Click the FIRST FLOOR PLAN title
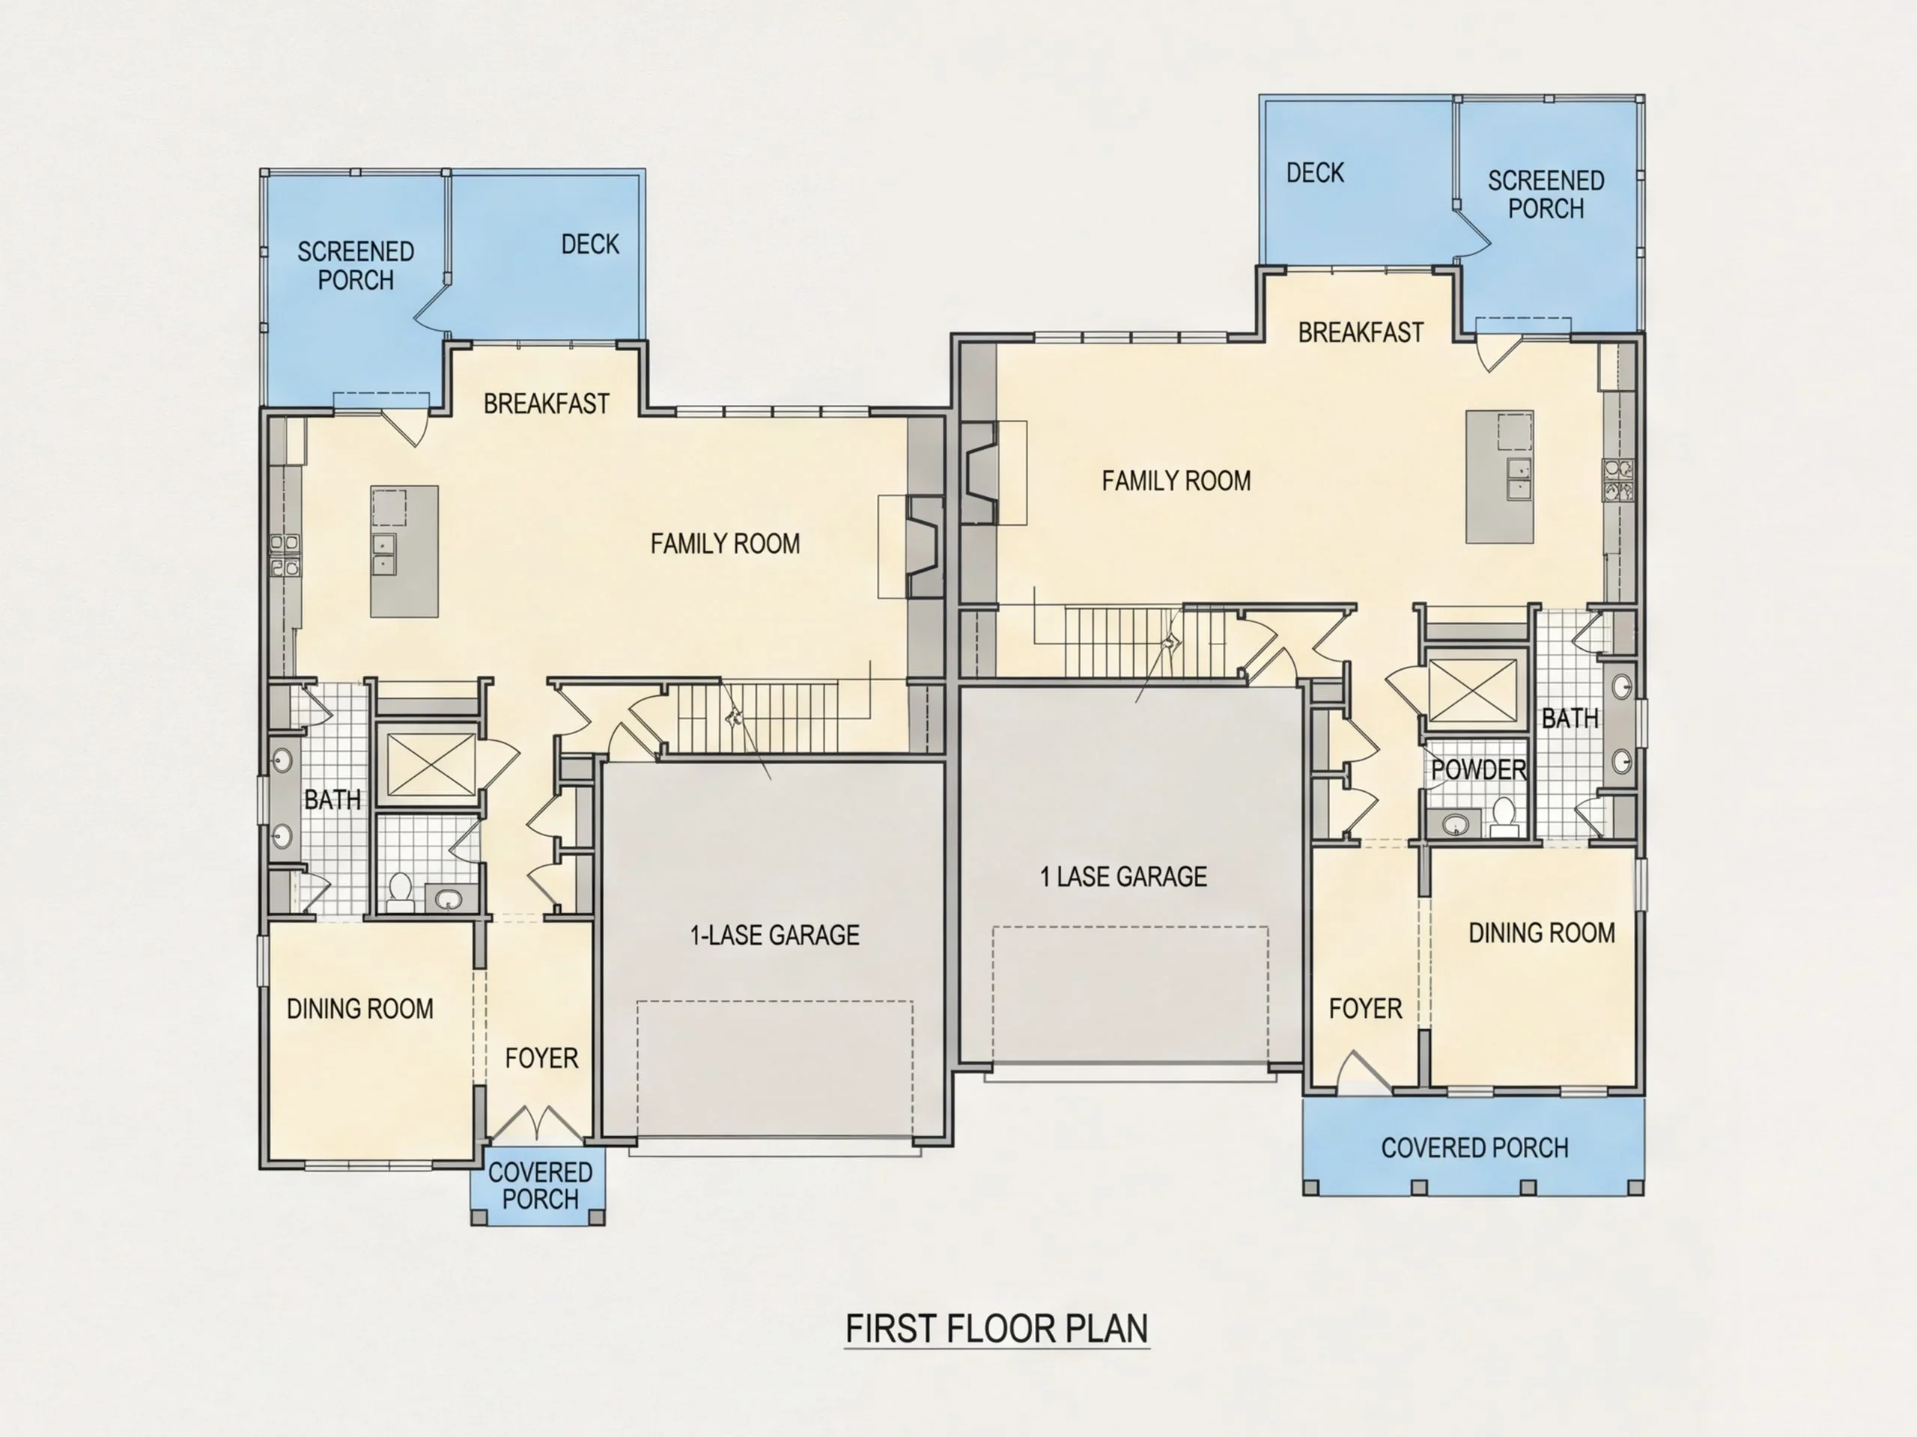pyautogui.click(x=997, y=1328)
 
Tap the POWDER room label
pyautogui.click(x=1478, y=769)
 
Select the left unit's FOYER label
pyautogui.click(x=541, y=1058)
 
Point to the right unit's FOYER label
pyautogui.click(x=1365, y=1008)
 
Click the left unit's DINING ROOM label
pyautogui.click(x=359, y=1008)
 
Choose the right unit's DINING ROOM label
pyautogui.click(x=1542, y=932)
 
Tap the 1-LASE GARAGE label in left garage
pyautogui.click(x=775, y=935)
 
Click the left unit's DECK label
pyautogui.click(x=590, y=244)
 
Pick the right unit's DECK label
pyautogui.click(x=1315, y=172)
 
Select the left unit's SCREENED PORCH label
pyautogui.click(x=356, y=265)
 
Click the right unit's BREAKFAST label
pyautogui.click(x=1361, y=332)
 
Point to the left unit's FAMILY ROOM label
pyautogui.click(x=726, y=543)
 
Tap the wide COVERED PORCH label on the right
pyautogui.click(x=1474, y=1147)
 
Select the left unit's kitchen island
pyautogui.click(x=404, y=551)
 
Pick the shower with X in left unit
pyautogui.click(x=431, y=763)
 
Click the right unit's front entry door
pyautogui.click(x=1363, y=1070)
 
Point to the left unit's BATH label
pyautogui.click(x=332, y=799)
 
